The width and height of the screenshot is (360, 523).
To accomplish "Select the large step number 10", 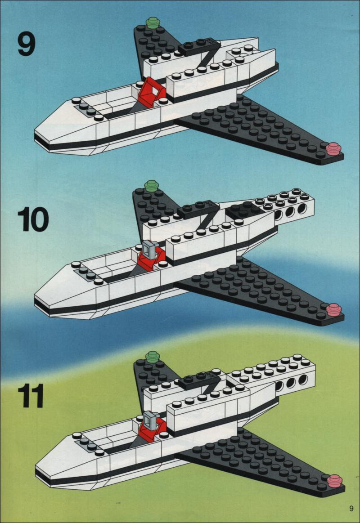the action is tap(33, 219).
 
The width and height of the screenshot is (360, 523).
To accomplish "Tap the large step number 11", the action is tap(31, 396).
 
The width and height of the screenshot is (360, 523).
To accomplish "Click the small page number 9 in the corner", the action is tap(351, 509).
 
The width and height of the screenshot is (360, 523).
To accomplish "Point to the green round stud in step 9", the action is tap(153, 23).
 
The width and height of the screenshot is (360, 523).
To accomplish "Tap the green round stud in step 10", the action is tap(152, 186).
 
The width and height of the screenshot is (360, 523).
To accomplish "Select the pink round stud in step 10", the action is tap(334, 310).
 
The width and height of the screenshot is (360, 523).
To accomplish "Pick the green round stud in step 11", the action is tap(153, 357).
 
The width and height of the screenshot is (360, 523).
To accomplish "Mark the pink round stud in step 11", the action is tap(335, 481).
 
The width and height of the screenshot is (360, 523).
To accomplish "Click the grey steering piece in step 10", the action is tap(149, 250).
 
